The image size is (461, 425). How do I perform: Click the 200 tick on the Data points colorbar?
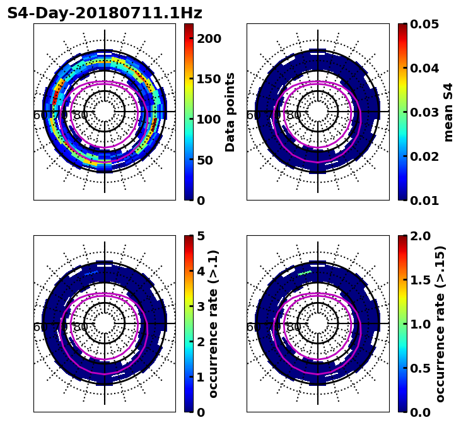click(208, 38)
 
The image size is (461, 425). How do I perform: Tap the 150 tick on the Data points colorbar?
click(208, 79)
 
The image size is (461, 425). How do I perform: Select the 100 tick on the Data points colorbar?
click(208, 119)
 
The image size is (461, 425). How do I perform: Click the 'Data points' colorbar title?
click(230, 112)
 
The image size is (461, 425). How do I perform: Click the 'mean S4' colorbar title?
click(448, 112)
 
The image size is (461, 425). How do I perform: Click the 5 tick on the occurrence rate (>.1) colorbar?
click(201, 236)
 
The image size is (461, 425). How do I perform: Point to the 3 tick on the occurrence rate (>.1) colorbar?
click(201, 306)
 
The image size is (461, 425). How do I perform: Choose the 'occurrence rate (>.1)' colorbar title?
click(213, 324)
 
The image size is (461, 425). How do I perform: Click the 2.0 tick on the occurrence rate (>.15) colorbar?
click(419, 236)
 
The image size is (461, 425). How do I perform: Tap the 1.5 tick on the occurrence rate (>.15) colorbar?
click(419, 280)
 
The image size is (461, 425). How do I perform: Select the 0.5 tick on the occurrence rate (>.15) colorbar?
click(419, 368)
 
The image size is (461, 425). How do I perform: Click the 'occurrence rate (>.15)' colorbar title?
click(440, 324)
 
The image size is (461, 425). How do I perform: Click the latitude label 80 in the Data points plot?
click(81, 115)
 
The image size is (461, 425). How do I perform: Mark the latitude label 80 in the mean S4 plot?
click(294, 115)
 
